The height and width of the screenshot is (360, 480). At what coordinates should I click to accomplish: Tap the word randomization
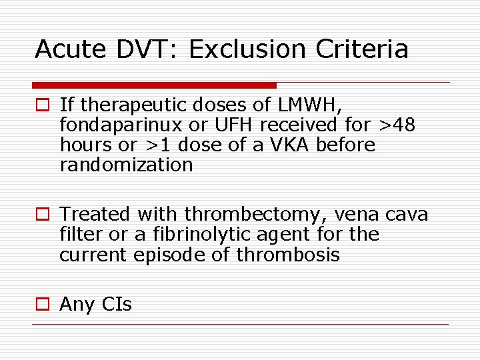(126, 165)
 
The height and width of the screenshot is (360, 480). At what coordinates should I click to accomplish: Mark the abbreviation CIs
(117, 305)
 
